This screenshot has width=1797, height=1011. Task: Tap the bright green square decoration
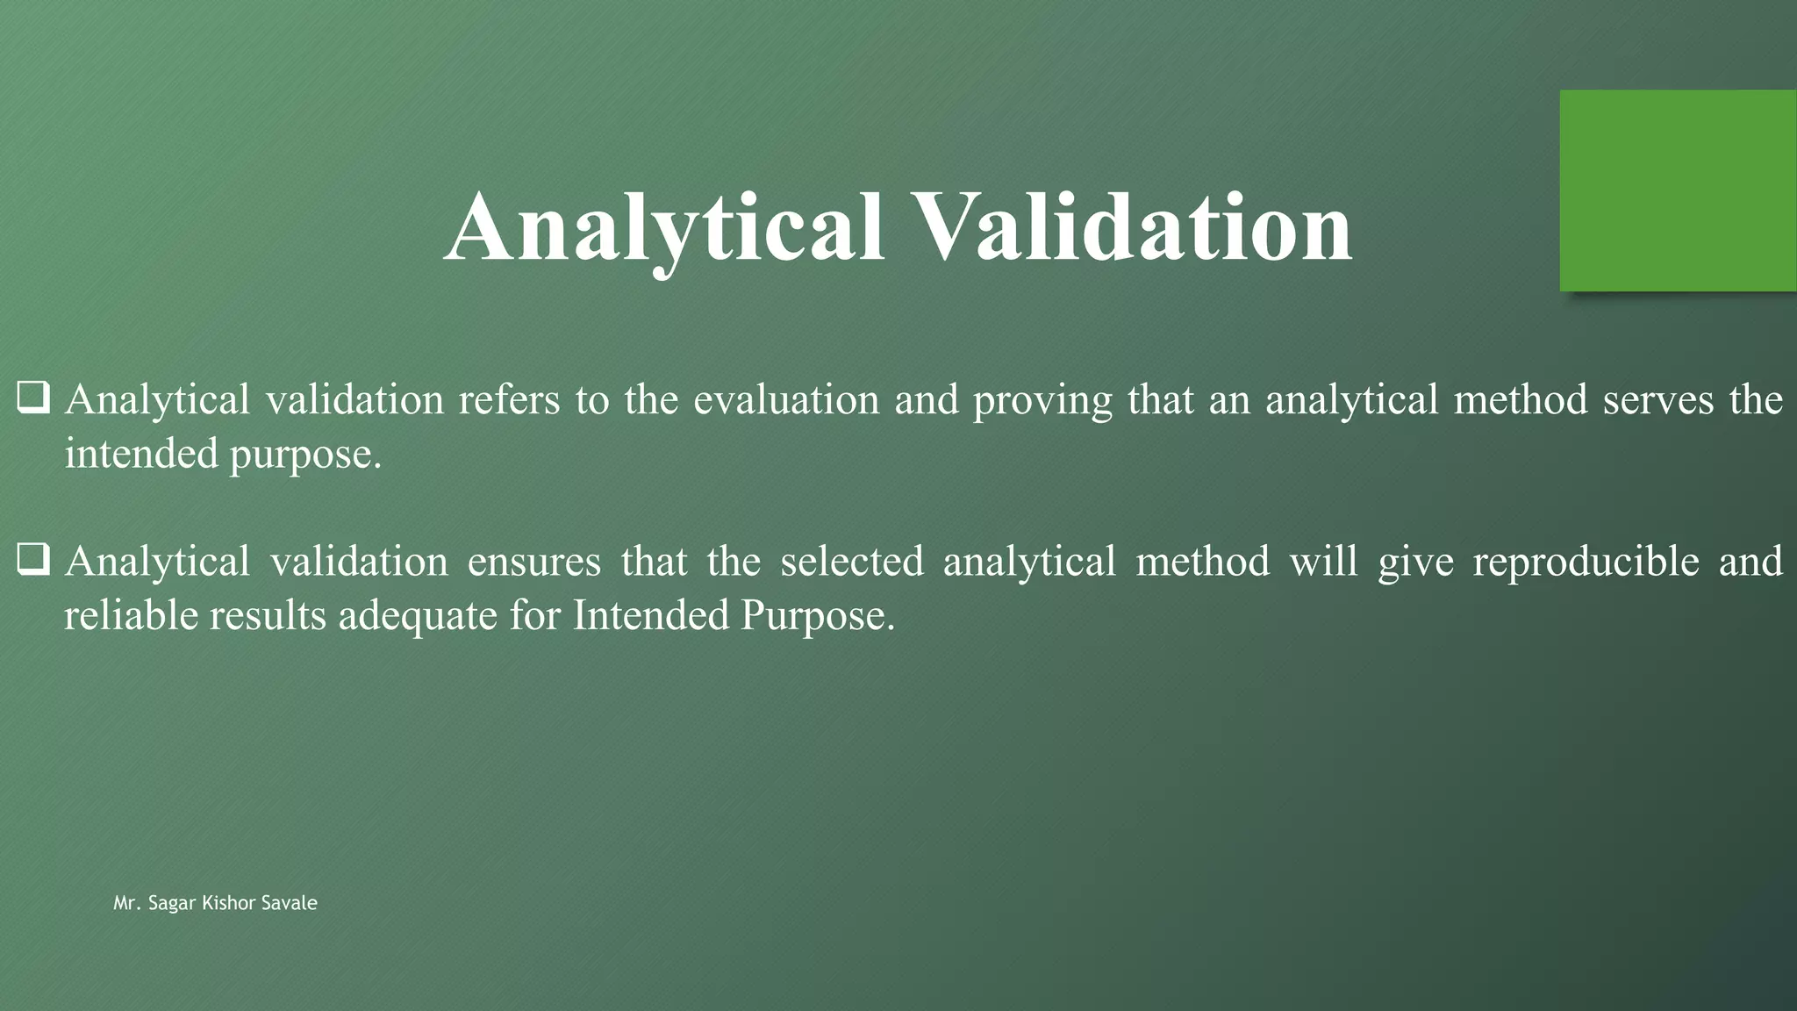1677,190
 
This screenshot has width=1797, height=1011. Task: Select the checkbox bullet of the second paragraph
32,559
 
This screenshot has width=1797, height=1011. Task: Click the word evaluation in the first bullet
786,400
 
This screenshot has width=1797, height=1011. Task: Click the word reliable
131,615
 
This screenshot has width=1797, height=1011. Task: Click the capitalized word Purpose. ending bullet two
818,617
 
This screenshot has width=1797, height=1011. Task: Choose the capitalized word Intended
650,615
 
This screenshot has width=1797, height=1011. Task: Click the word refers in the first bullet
509,400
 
